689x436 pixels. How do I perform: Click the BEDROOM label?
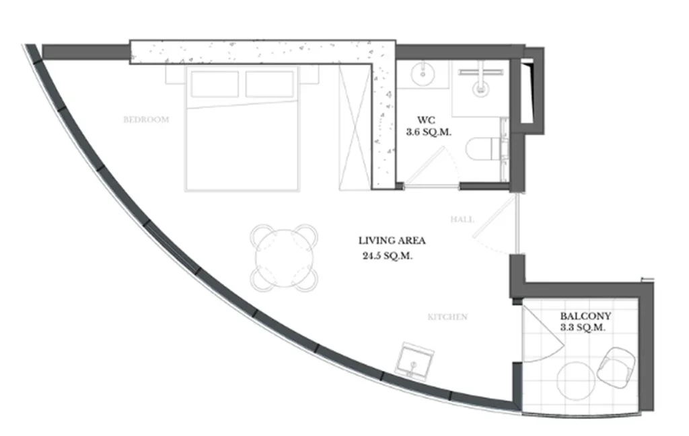[x=146, y=120]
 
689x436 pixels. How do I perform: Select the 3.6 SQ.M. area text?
[x=429, y=133]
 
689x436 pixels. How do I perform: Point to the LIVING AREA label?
[x=392, y=241]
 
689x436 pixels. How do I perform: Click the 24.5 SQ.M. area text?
[x=388, y=256]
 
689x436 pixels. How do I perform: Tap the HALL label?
[x=462, y=220]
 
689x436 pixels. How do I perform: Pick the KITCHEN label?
[x=447, y=317]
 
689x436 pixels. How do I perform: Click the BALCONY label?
[x=585, y=316]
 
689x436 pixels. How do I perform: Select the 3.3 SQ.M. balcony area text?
[x=583, y=328]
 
